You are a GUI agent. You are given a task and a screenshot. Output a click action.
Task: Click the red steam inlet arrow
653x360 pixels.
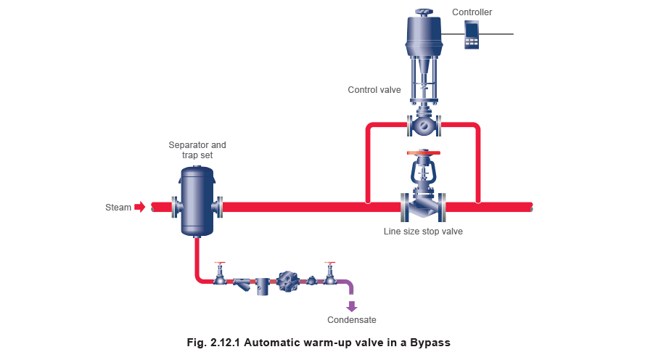tap(141, 208)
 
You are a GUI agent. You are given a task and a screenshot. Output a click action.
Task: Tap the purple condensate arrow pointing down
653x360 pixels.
tap(352, 306)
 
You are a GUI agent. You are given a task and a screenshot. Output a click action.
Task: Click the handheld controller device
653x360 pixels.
tap(472, 34)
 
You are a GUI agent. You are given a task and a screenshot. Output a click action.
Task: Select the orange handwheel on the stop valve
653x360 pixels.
tap(423, 152)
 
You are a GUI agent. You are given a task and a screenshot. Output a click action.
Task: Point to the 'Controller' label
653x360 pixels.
tap(472, 12)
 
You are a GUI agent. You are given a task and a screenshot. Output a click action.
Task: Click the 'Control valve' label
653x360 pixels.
tap(375, 90)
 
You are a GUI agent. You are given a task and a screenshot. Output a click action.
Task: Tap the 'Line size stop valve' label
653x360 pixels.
tap(423, 232)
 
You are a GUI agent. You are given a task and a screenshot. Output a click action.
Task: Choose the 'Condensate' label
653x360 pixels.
tap(352, 320)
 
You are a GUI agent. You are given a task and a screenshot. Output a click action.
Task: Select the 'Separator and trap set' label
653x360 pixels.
tap(197, 150)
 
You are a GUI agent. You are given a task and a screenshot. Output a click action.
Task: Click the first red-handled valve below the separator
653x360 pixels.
tap(220, 274)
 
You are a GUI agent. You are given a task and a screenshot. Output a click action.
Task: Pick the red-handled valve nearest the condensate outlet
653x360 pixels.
tap(330, 274)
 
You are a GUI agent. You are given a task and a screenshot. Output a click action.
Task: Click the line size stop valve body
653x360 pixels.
tap(423, 207)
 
